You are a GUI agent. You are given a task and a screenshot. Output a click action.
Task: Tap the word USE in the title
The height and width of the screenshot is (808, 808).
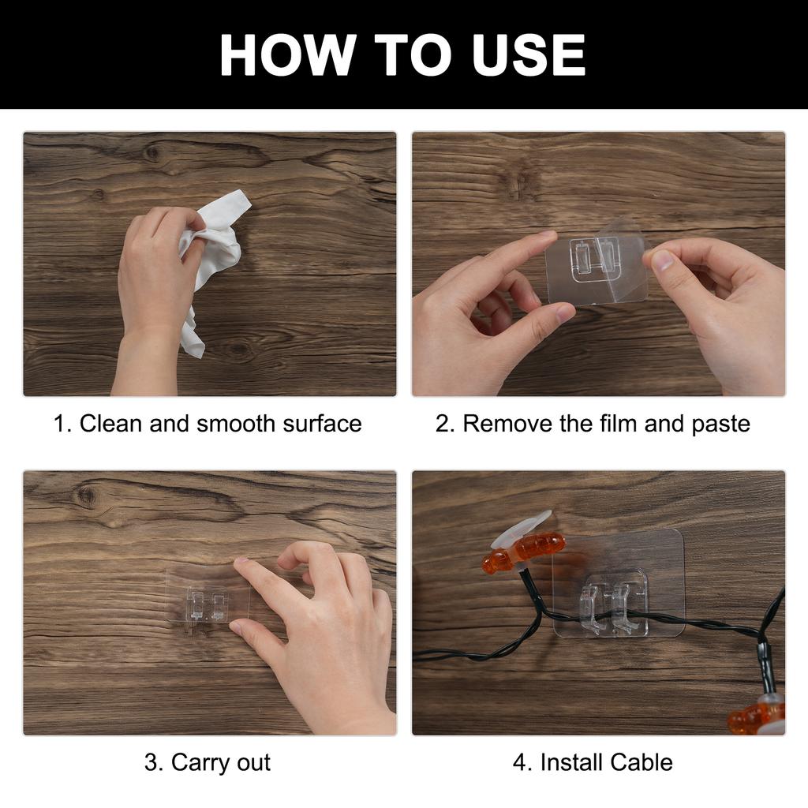coord(528,54)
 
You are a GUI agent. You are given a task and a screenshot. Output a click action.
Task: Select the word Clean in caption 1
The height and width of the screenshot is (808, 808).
coord(110,424)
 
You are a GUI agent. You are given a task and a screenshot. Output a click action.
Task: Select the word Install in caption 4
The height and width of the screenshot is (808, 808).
coord(570,762)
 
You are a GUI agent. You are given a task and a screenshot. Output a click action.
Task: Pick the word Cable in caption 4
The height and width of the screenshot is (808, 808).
coord(639,762)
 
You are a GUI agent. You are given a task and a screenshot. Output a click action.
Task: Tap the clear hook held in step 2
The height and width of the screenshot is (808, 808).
coord(596,265)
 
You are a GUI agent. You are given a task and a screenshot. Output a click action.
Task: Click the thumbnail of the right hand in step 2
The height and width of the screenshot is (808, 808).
coord(662,260)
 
